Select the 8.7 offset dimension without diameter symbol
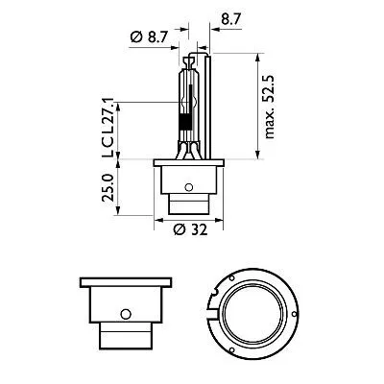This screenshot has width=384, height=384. click(231, 17)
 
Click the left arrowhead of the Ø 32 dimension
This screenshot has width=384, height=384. click(156, 220)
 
